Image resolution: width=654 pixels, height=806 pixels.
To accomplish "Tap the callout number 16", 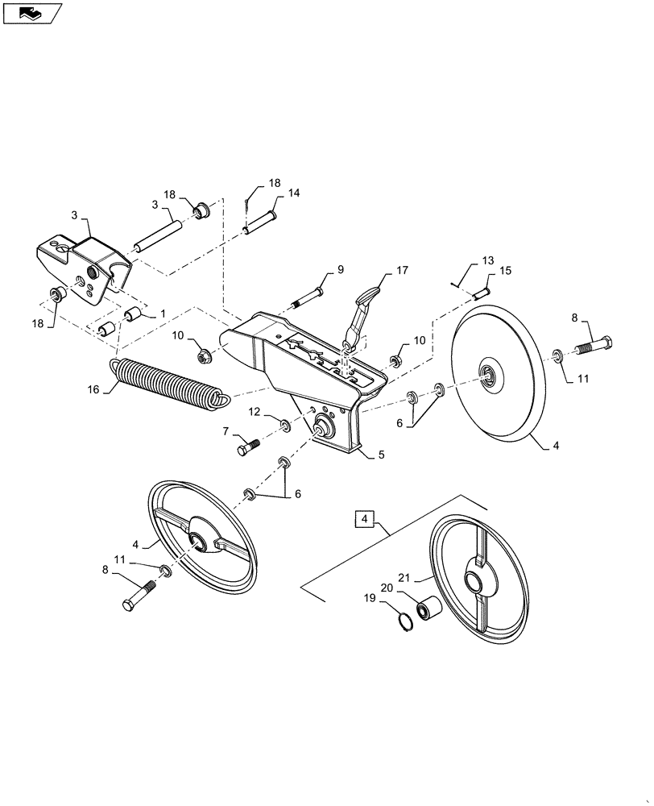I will coord(93,389).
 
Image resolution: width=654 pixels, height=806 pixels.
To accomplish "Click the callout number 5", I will coord(381,455).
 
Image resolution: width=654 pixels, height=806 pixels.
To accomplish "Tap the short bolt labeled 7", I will coord(246,445).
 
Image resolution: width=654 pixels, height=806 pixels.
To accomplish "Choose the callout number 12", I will coord(254,413).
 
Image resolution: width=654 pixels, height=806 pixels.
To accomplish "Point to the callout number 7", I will coord(225,433).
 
